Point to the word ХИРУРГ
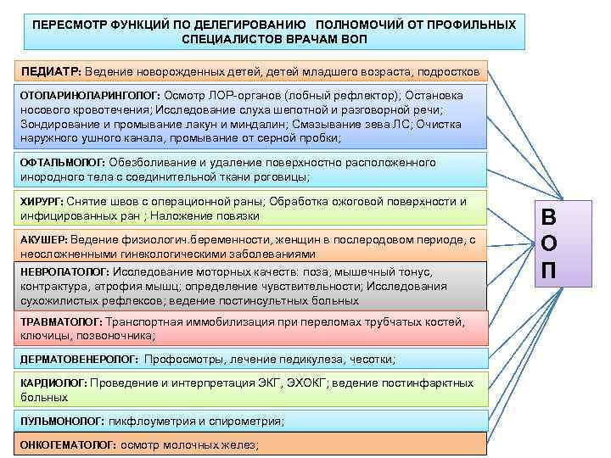(x=40, y=201)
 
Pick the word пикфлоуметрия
(x=149, y=421)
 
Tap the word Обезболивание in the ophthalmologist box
(x=150, y=161)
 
